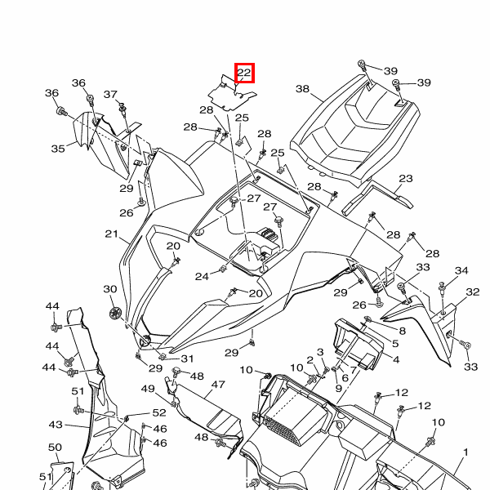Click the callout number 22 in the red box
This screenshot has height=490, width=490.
[244, 73]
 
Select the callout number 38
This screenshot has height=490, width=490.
[302, 89]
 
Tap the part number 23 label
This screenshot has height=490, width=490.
[406, 179]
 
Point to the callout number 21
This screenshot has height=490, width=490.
[112, 234]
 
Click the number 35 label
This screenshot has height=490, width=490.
[58, 149]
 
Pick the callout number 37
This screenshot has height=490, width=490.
[110, 95]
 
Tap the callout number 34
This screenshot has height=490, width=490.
[461, 271]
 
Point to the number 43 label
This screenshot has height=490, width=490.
[56, 425]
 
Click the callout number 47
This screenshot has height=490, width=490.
[217, 385]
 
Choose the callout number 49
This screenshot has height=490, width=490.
[148, 389]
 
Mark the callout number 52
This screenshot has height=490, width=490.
[159, 413]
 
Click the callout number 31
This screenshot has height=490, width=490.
[188, 359]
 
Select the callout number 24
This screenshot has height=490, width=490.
[201, 277]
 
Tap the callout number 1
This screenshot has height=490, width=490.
[465, 452]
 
